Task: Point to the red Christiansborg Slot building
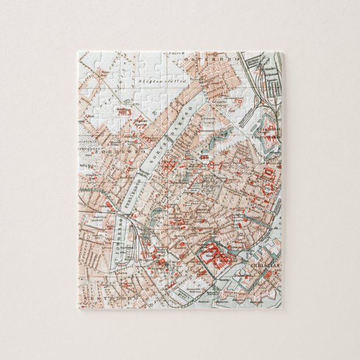coord(213,255)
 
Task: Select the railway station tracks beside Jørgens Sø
coord(134,235)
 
